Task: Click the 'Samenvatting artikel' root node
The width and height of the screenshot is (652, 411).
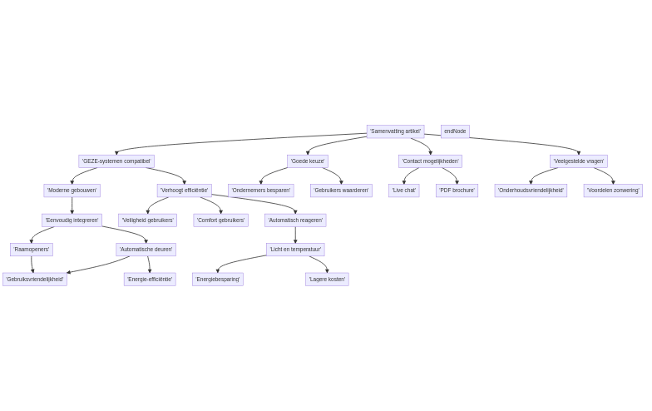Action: tap(395, 131)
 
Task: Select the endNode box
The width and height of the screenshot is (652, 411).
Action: tap(455, 131)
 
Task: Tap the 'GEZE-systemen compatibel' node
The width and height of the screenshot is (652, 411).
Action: tap(116, 161)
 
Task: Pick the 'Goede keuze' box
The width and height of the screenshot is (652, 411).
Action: tap(308, 161)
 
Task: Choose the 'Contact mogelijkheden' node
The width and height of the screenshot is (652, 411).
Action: tap(430, 161)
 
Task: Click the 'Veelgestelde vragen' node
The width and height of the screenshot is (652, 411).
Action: tap(579, 161)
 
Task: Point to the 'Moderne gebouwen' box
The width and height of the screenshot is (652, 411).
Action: tap(72, 191)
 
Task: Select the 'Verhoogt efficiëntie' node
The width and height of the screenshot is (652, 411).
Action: tap(184, 191)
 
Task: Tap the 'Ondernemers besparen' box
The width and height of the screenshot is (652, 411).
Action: tap(261, 191)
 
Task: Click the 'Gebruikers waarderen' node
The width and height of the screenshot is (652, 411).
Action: tap(341, 191)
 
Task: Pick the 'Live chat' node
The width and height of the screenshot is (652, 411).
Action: tap(404, 191)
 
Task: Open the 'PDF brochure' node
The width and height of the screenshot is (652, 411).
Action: tap(457, 191)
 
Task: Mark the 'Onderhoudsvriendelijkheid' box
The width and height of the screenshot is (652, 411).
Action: tap(531, 191)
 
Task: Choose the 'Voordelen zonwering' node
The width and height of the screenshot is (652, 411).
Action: tap(613, 191)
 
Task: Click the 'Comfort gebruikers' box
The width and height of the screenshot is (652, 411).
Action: tap(221, 220)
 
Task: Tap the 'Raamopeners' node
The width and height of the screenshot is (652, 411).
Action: tap(32, 250)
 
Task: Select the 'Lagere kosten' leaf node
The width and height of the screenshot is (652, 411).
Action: tap(327, 280)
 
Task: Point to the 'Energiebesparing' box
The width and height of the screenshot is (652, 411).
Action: tap(218, 280)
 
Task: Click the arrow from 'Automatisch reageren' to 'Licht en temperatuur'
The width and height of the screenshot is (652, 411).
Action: tap(295, 235)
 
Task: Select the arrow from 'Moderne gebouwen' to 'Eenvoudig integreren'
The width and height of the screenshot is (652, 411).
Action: tap(72, 205)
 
